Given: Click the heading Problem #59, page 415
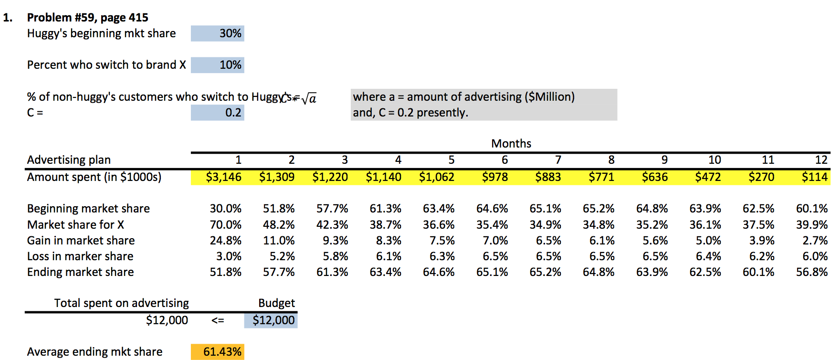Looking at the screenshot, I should [87, 18].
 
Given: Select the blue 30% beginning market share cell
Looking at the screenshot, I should [218, 33].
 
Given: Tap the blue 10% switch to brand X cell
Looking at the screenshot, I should [218, 65].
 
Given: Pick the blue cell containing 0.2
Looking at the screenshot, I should [218, 113].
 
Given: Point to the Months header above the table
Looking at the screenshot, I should [511, 144].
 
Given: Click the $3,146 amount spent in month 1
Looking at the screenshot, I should [223, 177].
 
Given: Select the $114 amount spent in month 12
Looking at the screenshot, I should [814, 177].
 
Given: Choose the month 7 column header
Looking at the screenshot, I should [557, 160].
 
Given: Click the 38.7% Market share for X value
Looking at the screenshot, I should [385, 225].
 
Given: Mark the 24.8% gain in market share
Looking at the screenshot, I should [225, 241].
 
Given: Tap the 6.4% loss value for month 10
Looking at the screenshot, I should [708, 256].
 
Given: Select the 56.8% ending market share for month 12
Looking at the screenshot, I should [811, 272].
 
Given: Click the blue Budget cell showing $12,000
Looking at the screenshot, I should [271, 320].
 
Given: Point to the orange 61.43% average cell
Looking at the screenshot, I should [218, 352].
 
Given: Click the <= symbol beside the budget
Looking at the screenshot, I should [218, 320].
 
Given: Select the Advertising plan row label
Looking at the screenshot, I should [69, 160].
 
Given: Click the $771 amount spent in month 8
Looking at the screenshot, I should [601, 177].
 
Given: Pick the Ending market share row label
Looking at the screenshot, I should [80, 272].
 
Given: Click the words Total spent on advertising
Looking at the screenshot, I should [121, 303].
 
